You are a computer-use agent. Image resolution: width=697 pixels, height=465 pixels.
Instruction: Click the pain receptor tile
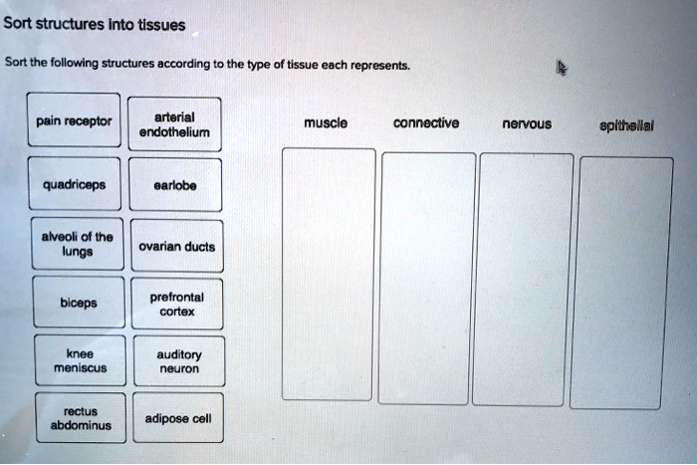tap(74, 122)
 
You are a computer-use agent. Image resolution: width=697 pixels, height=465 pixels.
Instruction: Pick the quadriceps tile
tap(75, 184)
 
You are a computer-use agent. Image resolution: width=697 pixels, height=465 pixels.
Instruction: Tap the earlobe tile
tap(175, 184)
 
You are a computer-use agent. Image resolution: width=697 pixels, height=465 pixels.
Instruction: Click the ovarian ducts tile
tap(176, 246)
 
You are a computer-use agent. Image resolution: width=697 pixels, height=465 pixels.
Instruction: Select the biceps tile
tap(78, 304)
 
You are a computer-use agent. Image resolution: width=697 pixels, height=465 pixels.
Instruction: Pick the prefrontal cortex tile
tap(176, 304)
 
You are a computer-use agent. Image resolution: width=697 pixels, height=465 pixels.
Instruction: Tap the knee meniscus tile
tap(79, 360)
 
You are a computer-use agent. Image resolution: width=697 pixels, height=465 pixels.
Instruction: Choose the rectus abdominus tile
tap(80, 418)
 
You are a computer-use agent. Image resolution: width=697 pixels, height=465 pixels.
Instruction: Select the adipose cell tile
tap(178, 418)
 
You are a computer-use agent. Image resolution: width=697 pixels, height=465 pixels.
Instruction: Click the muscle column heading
tap(326, 123)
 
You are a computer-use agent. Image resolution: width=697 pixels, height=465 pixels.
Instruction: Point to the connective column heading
tap(426, 123)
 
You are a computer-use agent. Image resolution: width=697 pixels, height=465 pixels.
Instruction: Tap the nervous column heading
tap(527, 124)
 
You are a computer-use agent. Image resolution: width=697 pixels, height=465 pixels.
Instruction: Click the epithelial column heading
tap(626, 126)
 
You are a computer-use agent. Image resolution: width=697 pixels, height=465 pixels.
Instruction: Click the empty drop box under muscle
tap(330, 274)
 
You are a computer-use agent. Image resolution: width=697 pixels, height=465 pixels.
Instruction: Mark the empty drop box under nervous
tap(525, 279)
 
